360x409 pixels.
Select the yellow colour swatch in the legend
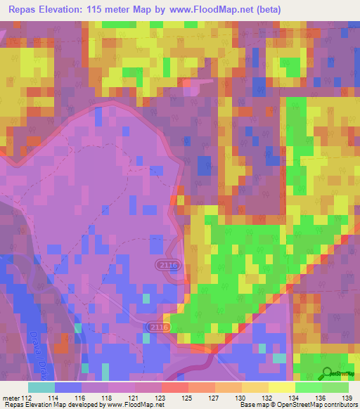(x=282, y=387)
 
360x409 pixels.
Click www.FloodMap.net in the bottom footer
(x=134, y=405)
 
